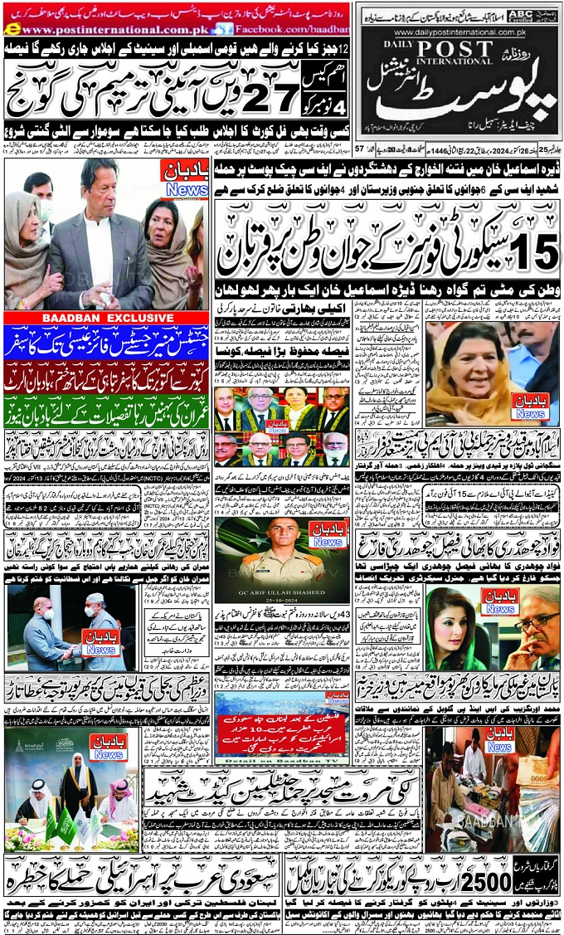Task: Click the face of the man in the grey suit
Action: pos(97,200)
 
